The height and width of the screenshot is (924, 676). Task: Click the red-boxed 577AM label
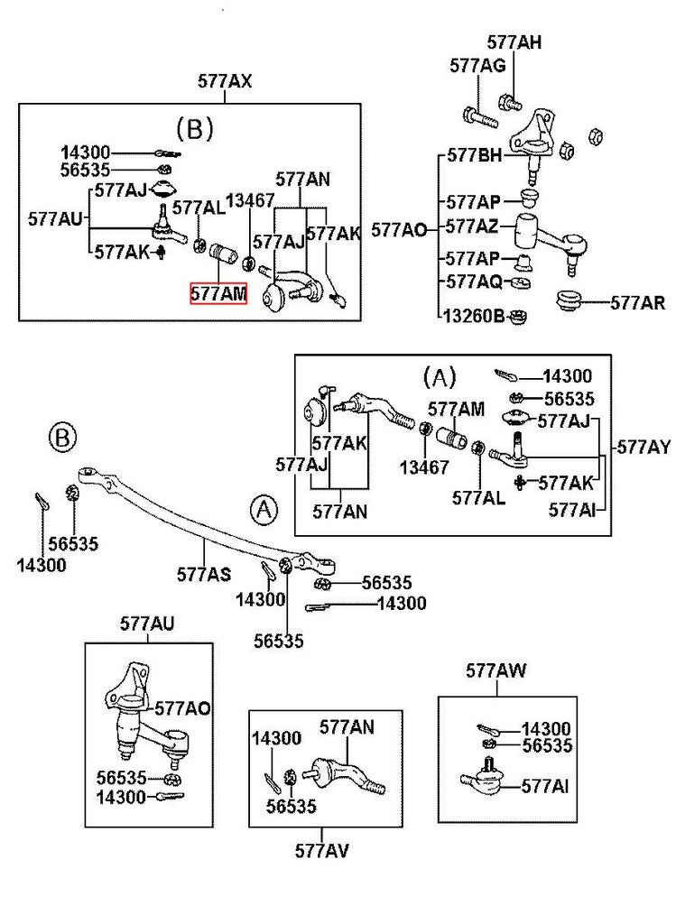point(218,293)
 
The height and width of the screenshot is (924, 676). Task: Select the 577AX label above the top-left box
point(225,80)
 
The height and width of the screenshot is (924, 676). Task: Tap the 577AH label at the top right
point(514,42)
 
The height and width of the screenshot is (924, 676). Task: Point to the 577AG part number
point(477,65)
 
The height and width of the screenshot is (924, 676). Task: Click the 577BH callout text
point(475,155)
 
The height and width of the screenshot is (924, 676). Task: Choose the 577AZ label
point(472,226)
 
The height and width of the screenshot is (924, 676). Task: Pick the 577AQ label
point(474,282)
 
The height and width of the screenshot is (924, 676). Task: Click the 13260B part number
point(475,317)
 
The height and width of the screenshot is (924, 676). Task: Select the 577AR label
point(638,303)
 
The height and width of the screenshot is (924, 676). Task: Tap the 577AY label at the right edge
point(644,448)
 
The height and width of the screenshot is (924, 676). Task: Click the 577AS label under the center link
point(204,574)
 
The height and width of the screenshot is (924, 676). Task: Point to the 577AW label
point(496,670)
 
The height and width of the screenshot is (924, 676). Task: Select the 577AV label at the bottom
point(322,851)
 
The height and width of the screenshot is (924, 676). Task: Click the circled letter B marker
point(63,438)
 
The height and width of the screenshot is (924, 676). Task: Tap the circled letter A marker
point(264,509)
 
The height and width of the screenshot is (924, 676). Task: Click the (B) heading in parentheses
point(194,128)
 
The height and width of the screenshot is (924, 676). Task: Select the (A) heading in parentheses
point(440,376)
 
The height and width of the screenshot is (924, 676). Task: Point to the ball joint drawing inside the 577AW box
point(482,778)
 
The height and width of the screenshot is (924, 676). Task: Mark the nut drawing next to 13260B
point(518,318)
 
